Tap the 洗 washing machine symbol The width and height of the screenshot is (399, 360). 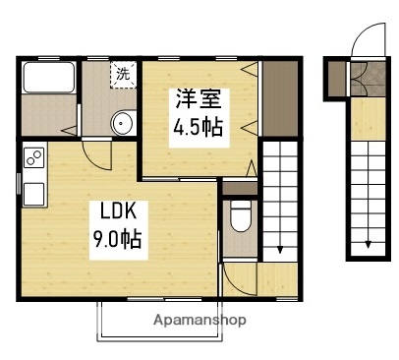coord(123,74)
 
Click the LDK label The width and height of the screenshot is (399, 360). coord(115,210)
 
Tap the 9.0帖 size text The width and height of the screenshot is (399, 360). coord(116,238)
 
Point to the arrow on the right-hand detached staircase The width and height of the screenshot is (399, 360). coord(369,245)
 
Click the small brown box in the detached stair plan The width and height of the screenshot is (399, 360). coord(338,78)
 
